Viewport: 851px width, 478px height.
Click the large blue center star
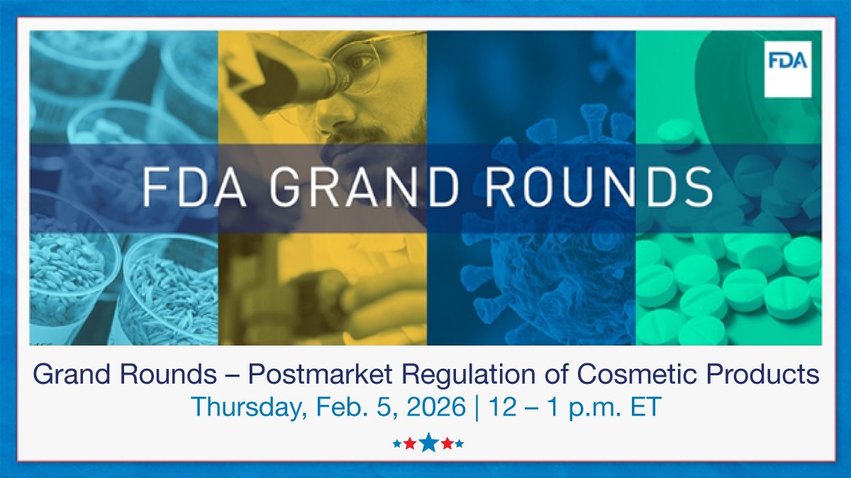pos(428,443)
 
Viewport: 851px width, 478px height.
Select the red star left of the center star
pos(410,444)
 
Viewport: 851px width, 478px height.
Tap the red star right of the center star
pos(447,444)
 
